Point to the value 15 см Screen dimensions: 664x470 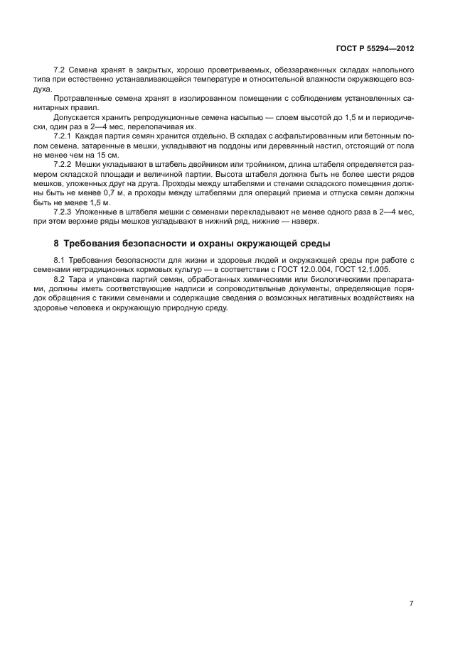click(x=110, y=155)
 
